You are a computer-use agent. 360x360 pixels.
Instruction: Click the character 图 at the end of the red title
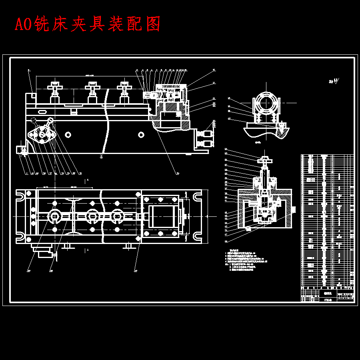click(153, 25)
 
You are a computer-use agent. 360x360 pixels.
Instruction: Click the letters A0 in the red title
click(24, 25)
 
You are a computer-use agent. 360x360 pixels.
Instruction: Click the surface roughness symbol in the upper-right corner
click(334, 82)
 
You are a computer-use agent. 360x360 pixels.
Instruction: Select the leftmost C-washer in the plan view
click(54, 216)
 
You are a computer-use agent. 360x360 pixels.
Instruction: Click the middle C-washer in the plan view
click(92, 216)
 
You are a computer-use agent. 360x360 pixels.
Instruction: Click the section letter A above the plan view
click(87, 181)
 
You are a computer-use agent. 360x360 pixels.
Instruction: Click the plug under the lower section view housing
click(248, 229)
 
